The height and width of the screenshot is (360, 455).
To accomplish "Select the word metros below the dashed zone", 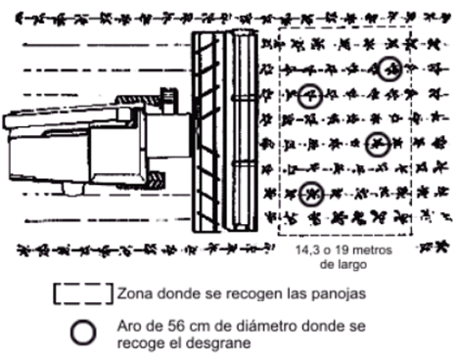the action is [372, 250].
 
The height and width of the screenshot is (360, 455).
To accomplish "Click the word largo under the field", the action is [353, 265].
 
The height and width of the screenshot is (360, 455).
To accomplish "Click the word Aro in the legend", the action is [129, 326].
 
